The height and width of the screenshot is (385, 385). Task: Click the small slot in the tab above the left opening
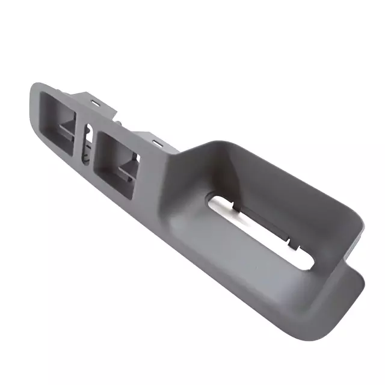pyautogui.click(x=95, y=103)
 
